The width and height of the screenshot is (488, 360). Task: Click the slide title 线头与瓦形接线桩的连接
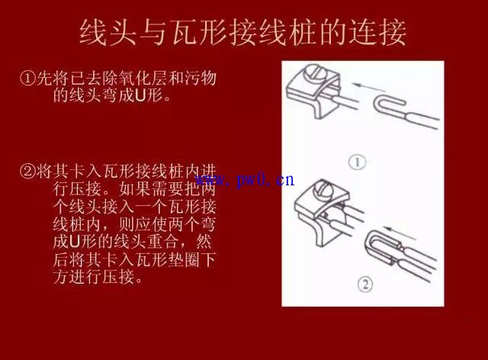coord(243,32)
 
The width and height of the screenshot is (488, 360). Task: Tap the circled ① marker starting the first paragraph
coord(28,78)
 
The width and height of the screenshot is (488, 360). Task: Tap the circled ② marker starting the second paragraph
coord(28,171)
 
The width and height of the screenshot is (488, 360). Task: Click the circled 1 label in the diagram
coord(357,162)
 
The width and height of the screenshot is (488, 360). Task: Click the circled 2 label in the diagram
coord(364,284)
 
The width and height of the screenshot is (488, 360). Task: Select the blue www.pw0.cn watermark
coord(245,180)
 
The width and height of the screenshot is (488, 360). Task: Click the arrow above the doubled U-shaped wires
coord(400,233)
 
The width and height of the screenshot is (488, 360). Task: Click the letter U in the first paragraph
coord(140,96)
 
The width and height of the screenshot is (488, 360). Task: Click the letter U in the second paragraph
coord(75,242)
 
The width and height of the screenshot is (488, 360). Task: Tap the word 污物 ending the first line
coord(200,78)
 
